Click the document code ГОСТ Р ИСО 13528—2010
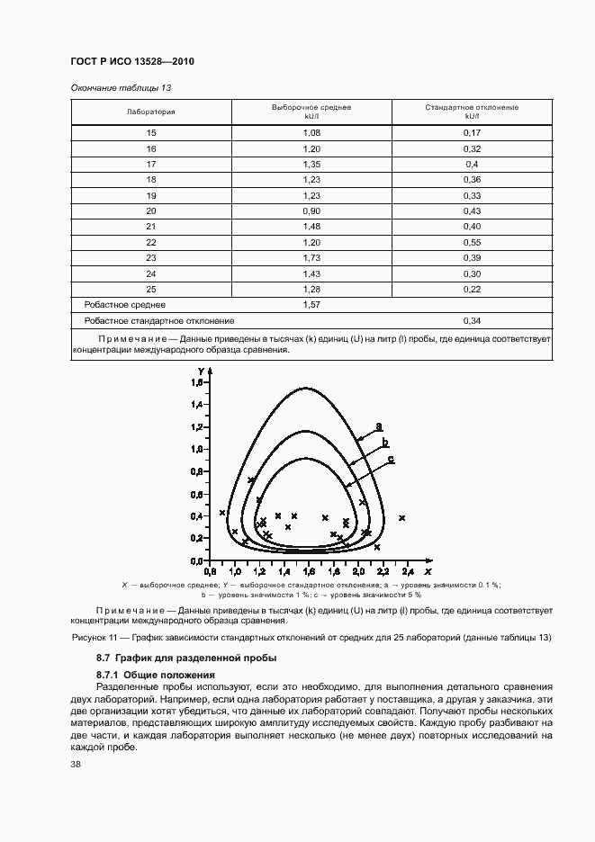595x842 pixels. click(132, 61)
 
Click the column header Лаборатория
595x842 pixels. click(151, 112)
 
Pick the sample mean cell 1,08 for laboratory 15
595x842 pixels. click(311, 132)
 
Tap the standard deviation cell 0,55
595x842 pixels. click(472, 243)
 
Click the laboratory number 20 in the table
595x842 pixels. click(151, 211)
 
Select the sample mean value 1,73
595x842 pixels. click(311, 259)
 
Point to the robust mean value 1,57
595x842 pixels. click(311, 306)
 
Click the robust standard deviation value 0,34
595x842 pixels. click(472, 320)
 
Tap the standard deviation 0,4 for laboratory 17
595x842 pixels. click(472, 164)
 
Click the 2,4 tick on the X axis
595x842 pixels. click(407, 571)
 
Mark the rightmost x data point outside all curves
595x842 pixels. click(401, 518)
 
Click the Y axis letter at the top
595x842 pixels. click(201, 372)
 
